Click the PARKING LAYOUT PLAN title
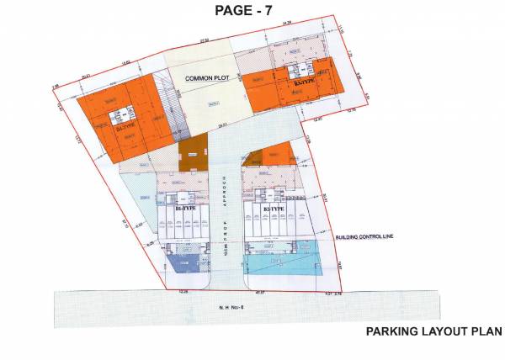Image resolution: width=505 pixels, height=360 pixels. tap(433, 331)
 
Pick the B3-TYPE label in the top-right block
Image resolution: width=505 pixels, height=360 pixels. tap(303, 85)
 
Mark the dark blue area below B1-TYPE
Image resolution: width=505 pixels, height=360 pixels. tap(181, 264)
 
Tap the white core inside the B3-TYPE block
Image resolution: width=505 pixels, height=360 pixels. tap(300, 71)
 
